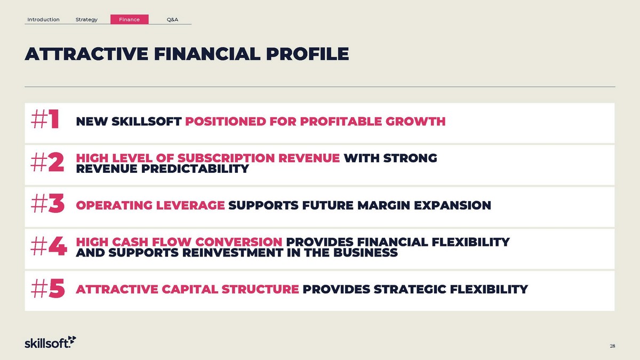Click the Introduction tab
coord(43,19)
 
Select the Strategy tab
coord(86,19)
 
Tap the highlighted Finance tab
coord(130,19)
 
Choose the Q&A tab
coord(172,19)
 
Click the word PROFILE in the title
coord(307,54)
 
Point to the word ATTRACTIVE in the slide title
coord(86,54)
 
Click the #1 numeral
coord(45,119)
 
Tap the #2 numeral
coord(47,162)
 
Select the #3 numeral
coord(47,203)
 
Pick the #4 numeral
coord(49,246)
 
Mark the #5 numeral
coord(47,289)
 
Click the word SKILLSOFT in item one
coord(147,122)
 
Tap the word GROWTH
coord(415,122)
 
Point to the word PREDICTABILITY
coord(195,169)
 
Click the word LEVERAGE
coord(190,205)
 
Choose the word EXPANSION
coord(453,205)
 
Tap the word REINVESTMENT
coord(233,253)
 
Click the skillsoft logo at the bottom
coord(50,342)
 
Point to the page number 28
coord(612,346)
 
